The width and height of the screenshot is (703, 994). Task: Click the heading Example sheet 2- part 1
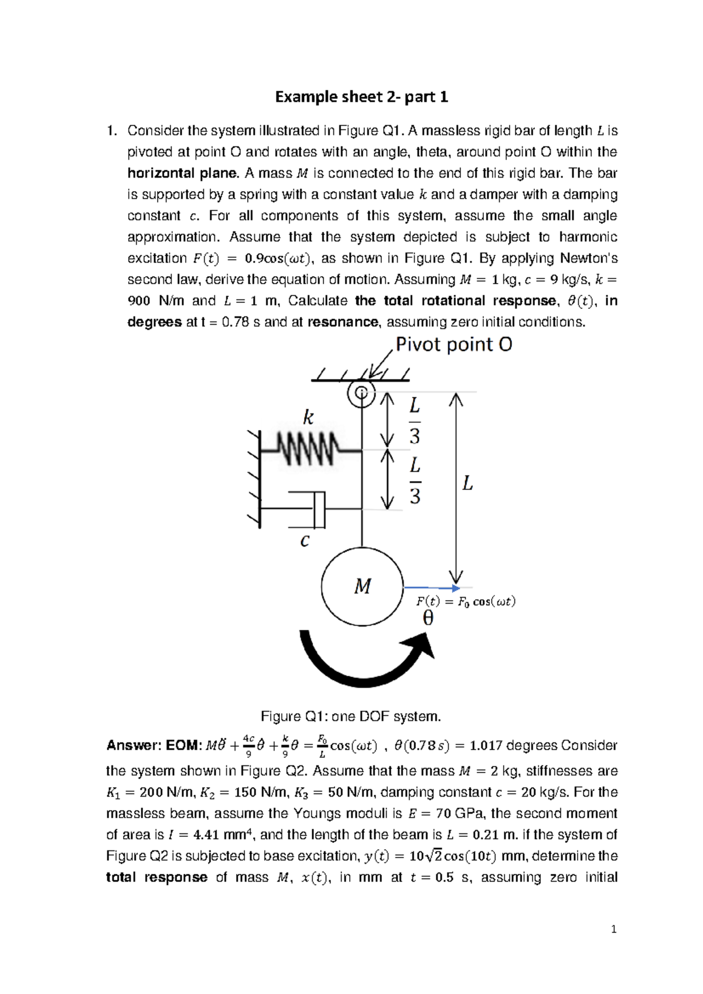[x=361, y=97]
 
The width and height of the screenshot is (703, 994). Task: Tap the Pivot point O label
[x=453, y=344]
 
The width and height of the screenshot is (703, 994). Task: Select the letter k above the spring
[x=308, y=417]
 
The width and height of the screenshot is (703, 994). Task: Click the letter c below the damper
[x=305, y=540]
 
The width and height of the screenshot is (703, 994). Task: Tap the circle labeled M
[x=362, y=586]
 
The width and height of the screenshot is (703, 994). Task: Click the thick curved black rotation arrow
[x=363, y=659]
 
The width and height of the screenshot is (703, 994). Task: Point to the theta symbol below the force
[x=428, y=618]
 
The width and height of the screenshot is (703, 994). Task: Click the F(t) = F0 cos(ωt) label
[x=466, y=601]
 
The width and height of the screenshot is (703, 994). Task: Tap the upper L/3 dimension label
[x=415, y=420]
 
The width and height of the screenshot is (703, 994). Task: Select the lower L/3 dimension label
[x=415, y=481]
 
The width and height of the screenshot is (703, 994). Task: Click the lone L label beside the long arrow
[x=467, y=484]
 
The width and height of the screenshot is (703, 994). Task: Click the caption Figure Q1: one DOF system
[x=350, y=716]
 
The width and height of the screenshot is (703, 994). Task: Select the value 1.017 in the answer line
[x=486, y=746]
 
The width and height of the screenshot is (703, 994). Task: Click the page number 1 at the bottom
[x=613, y=929]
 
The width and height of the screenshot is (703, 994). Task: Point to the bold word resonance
[x=343, y=322]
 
